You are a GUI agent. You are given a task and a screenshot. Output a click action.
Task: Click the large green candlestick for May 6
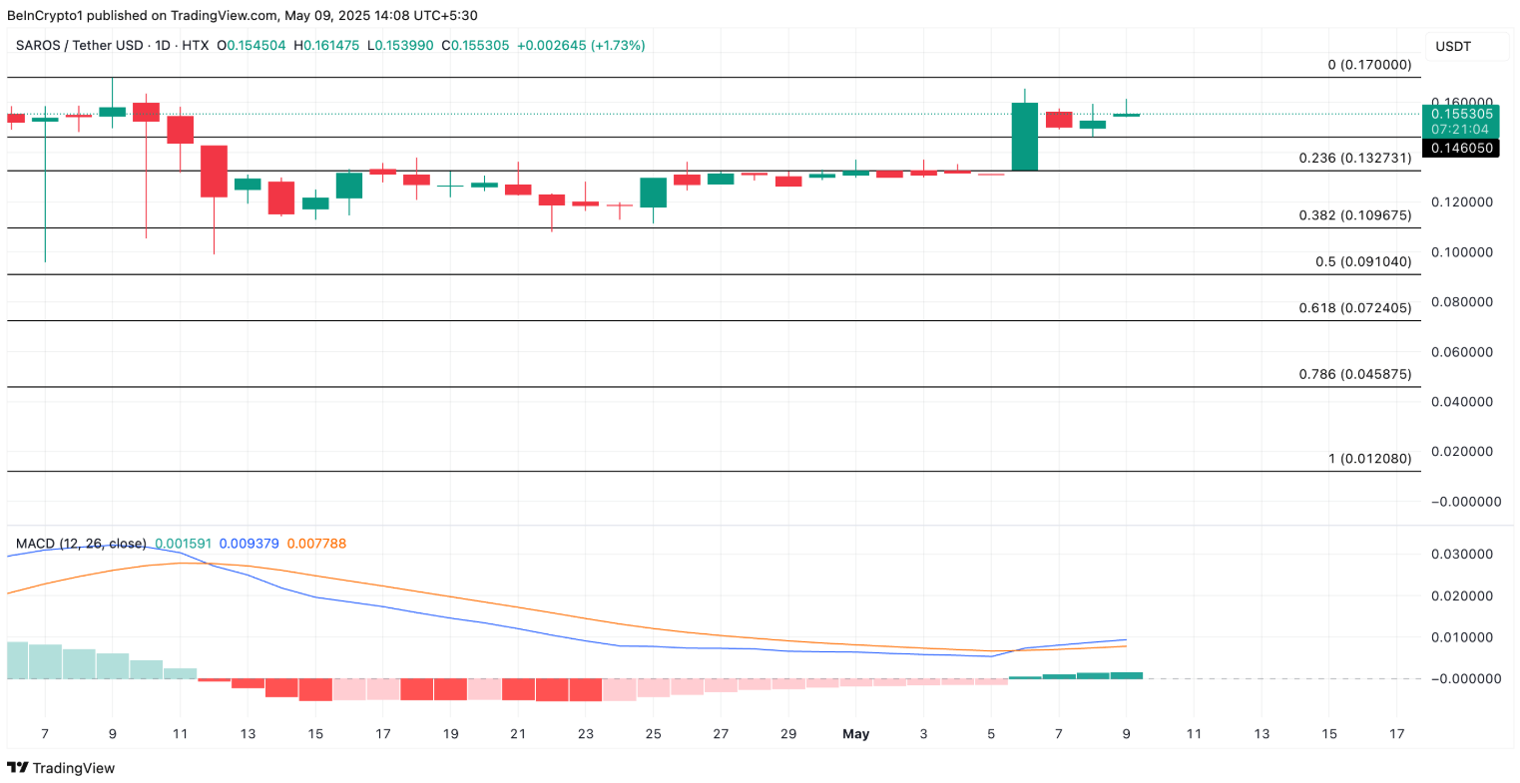click(1024, 137)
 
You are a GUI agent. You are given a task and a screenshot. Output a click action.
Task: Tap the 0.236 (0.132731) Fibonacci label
click(1354, 158)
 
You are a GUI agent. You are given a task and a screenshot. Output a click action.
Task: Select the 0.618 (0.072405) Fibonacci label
click(1354, 307)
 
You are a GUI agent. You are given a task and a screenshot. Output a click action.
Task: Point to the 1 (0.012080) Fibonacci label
click(1369, 459)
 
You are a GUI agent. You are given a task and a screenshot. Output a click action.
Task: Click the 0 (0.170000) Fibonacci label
click(1369, 65)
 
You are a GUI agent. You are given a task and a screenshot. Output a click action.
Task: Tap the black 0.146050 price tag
click(1462, 148)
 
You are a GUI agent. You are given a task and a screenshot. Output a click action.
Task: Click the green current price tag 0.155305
click(1462, 114)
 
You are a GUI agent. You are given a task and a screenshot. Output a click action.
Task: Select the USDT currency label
click(1452, 47)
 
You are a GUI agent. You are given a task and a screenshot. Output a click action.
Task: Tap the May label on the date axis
click(855, 734)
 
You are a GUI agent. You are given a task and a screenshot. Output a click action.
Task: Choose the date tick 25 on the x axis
click(653, 734)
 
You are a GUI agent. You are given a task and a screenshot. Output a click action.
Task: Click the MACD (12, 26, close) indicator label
click(81, 544)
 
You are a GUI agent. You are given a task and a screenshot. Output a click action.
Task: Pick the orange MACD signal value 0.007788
click(316, 544)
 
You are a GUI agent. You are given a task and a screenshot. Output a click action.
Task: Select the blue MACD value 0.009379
click(249, 544)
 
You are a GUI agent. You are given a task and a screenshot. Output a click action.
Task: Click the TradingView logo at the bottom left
click(61, 768)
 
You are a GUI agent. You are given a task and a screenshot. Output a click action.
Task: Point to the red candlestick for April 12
click(214, 171)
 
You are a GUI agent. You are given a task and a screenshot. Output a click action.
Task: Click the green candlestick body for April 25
click(653, 193)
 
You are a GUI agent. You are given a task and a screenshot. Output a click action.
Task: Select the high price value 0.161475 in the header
click(331, 46)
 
